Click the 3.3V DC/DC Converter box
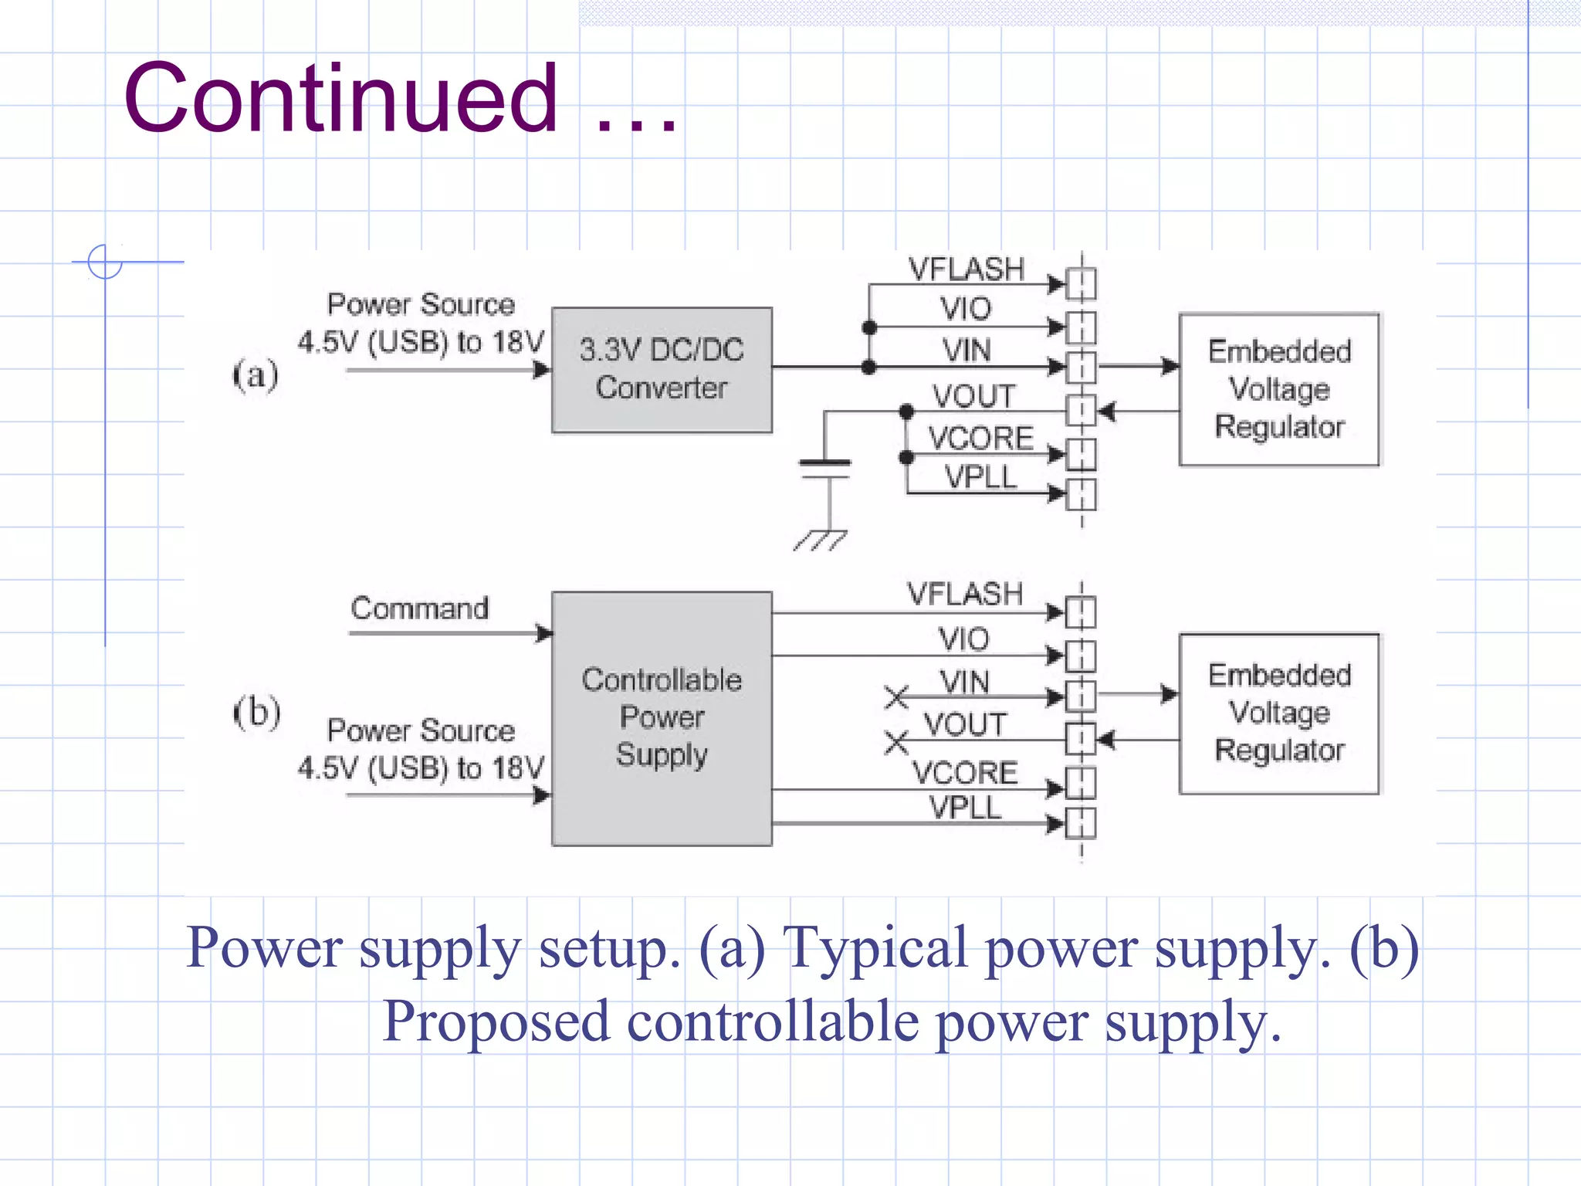pos(662,370)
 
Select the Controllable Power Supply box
pos(662,718)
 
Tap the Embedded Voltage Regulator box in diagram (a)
pos(1279,389)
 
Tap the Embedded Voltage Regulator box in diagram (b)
pos(1279,713)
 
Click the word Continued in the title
pos(340,99)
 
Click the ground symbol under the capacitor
pos(821,540)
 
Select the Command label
pos(419,608)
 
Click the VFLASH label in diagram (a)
pos(966,269)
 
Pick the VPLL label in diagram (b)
pos(965,808)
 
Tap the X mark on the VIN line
pos(896,696)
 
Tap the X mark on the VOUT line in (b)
pos(896,742)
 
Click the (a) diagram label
pos(256,375)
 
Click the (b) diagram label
pos(257,711)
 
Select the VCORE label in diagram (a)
pos(980,438)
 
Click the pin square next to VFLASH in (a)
pos(1081,284)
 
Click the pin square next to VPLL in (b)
pos(1081,823)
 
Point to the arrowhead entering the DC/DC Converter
pos(542,370)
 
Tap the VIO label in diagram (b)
pos(963,639)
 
